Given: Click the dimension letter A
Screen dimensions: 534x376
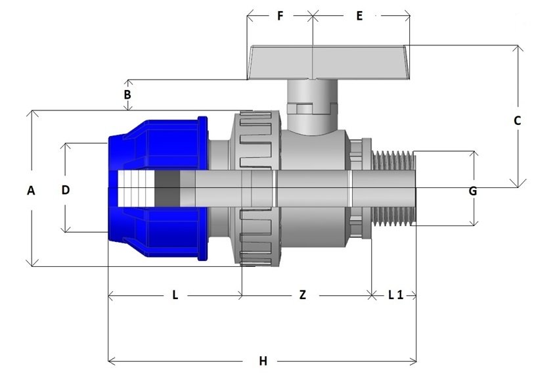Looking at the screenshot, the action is click(31, 190).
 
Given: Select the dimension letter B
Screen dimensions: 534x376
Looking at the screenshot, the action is click(127, 95).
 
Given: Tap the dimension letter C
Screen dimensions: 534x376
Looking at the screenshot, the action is click(517, 121).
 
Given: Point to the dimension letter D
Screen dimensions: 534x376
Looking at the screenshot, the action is click(66, 190).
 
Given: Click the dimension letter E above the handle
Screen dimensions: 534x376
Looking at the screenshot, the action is click(359, 16).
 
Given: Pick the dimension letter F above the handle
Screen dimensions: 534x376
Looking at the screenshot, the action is click(280, 16).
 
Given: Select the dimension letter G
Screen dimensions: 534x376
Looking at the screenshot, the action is click(473, 191).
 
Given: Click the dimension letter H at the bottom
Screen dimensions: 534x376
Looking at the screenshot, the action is click(263, 361).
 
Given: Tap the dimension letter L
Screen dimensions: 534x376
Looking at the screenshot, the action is click(175, 295).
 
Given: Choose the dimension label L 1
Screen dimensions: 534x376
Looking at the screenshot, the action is click(395, 295).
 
